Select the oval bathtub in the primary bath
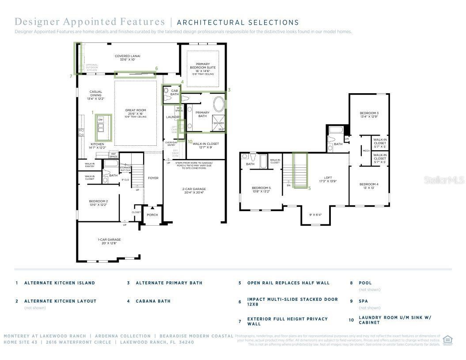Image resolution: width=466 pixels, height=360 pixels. pos(219,105)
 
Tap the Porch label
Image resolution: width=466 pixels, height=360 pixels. pos(152,215)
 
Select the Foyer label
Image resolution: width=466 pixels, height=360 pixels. pos(153,178)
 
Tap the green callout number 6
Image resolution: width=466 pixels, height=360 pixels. pos(156,68)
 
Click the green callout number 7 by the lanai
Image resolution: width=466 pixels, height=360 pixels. pos(71,76)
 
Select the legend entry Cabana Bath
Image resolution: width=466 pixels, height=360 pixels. pos(153,301)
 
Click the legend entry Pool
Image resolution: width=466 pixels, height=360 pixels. pos(365,283)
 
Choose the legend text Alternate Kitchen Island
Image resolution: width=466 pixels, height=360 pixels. pos(60,283)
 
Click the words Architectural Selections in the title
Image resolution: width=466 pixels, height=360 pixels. pos(238,22)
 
